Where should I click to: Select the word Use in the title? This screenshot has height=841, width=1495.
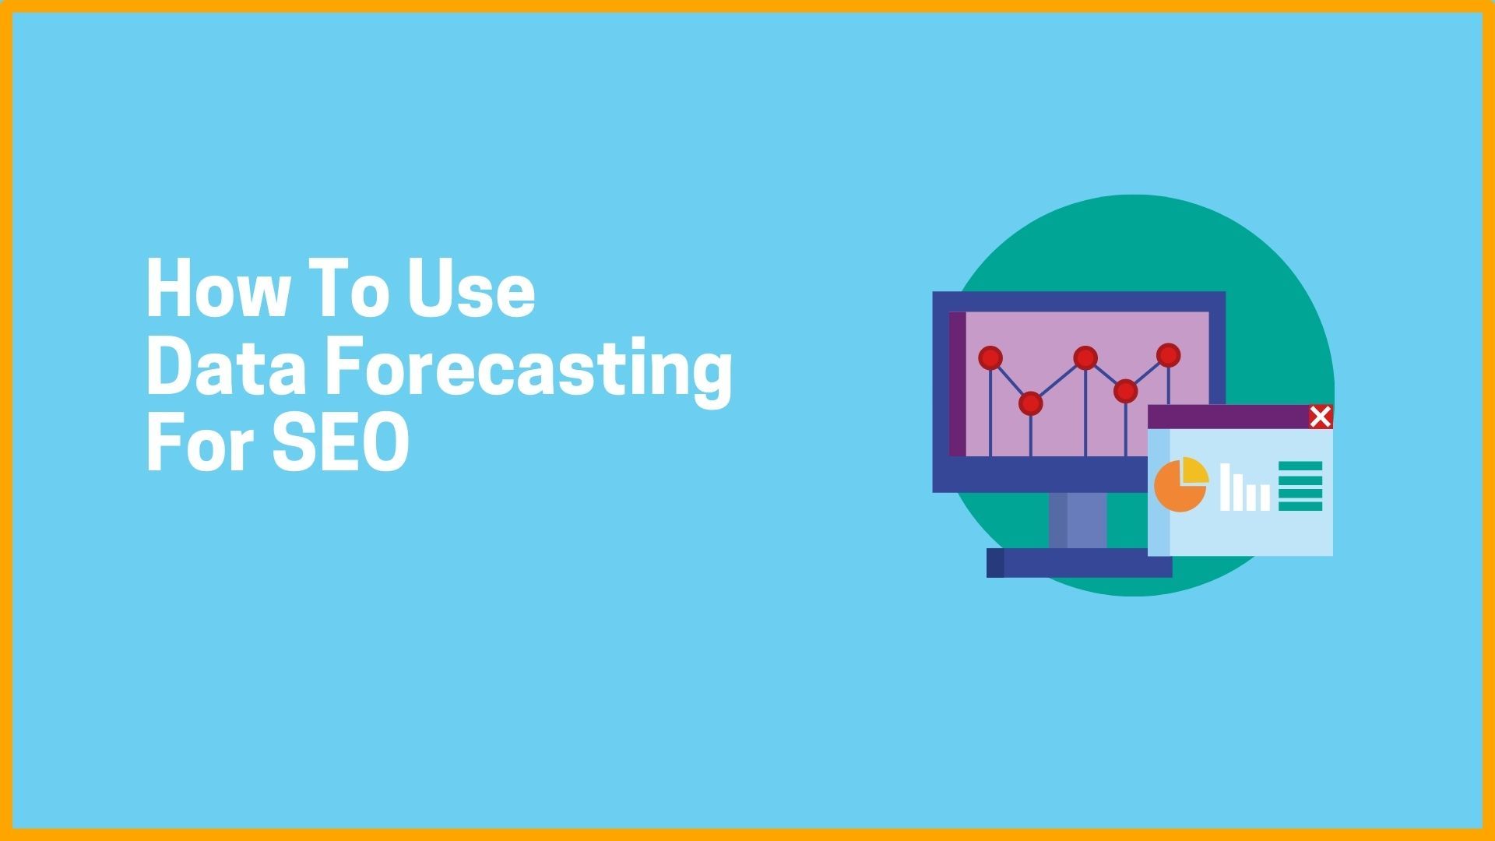pos(472,289)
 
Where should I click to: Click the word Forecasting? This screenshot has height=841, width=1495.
pos(529,371)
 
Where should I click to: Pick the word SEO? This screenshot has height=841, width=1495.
pos(341,442)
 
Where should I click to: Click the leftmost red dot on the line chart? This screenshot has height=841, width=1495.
pos(990,358)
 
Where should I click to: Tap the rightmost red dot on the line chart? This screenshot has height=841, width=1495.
pos(1169,355)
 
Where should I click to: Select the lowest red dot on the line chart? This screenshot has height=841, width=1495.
pos(1030,403)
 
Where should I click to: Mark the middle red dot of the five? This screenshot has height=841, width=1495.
pos(1085,358)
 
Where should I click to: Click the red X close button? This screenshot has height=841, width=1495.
pos(1321,417)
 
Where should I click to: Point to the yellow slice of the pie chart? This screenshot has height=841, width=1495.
pos(1194,470)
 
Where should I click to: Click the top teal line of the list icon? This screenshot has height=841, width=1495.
pos(1300,465)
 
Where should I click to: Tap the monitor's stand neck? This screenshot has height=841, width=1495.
pos(1078,520)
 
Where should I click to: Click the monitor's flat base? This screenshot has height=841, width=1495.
pos(1079,563)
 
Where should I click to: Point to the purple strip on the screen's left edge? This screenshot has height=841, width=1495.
pos(958,384)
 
